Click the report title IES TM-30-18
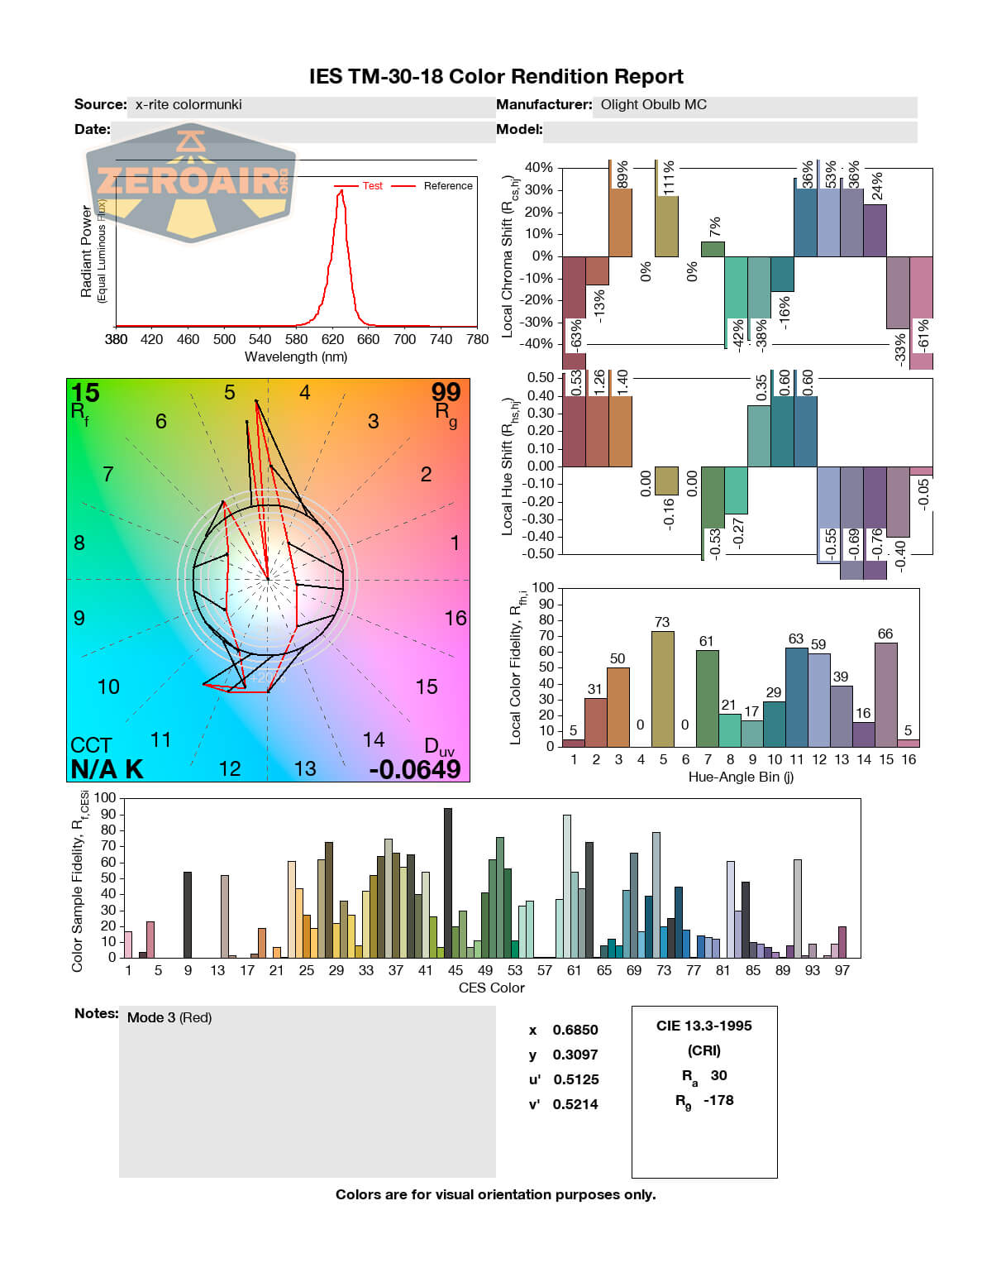tap(496, 77)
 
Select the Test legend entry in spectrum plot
tap(372, 186)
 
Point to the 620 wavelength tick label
tap(332, 339)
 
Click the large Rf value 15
tap(85, 393)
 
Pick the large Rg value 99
tap(446, 393)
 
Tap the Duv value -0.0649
tap(415, 769)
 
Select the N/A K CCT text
tap(107, 769)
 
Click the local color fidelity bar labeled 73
tap(662, 688)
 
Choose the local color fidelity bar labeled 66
tap(885, 694)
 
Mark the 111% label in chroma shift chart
tap(669, 178)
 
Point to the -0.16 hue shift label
tap(669, 514)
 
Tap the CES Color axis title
tap(491, 988)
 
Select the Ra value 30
tap(718, 1075)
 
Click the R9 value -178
tap(718, 1100)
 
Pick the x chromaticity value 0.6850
tap(575, 1030)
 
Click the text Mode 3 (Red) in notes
tap(169, 1017)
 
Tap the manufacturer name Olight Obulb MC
tap(653, 105)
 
